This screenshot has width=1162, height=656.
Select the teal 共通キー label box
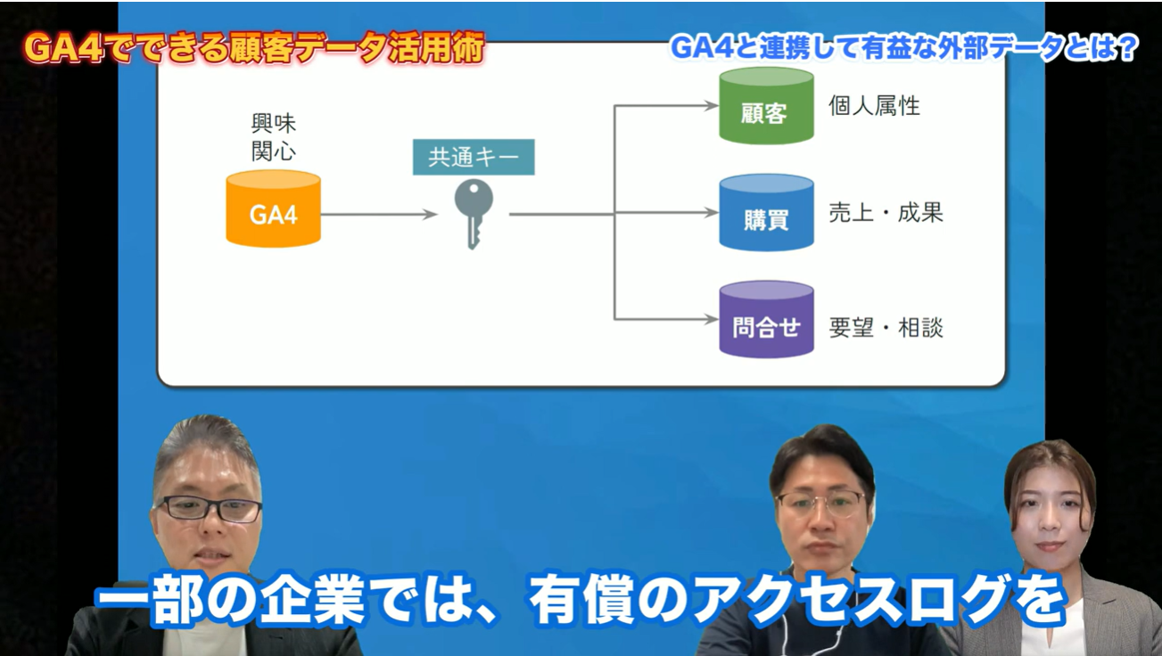pos(473,158)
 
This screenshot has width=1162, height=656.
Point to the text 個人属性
pos(874,106)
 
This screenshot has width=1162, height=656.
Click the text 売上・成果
pos(886,213)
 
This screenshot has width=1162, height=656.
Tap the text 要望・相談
pos(886,327)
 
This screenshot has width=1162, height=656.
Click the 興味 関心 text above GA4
pos(273,135)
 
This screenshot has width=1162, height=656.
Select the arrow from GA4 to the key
pos(379,215)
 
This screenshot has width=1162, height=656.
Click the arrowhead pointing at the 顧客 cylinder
pos(711,107)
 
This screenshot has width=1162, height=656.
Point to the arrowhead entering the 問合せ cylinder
pos(711,318)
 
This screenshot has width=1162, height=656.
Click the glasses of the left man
pos(209,509)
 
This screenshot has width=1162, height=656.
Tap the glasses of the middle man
pos(820,504)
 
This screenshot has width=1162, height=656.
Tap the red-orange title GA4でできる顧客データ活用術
pos(254,49)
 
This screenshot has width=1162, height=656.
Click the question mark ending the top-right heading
pos(1127,49)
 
